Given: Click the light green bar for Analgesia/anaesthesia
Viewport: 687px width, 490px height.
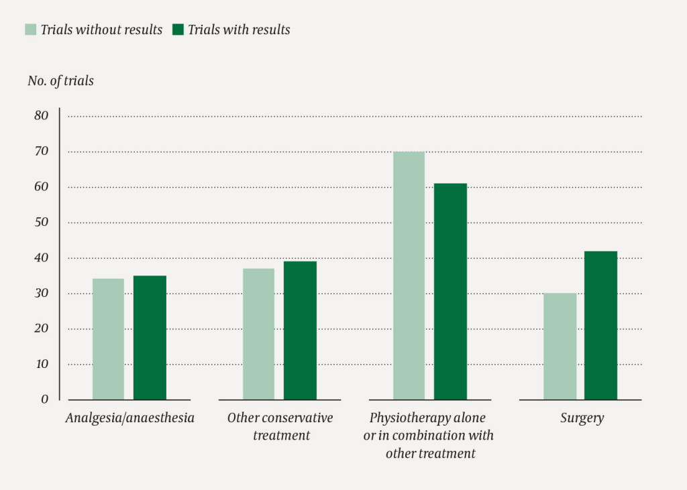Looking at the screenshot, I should point(108,339).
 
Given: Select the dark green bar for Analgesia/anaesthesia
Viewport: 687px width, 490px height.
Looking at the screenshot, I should point(150,338).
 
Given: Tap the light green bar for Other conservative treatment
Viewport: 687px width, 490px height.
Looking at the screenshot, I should point(258,334).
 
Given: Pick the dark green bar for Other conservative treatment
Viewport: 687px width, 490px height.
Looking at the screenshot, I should point(300,330).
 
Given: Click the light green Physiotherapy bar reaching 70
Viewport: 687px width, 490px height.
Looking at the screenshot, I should point(409,275).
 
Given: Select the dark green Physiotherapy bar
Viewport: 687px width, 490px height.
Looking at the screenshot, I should point(450,292).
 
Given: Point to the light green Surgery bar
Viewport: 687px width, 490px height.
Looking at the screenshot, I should point(560,347).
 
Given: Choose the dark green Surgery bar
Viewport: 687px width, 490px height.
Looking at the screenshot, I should point(600,325).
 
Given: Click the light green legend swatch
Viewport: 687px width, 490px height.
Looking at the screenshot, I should point(31,29).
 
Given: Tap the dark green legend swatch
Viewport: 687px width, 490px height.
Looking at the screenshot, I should point(178,29).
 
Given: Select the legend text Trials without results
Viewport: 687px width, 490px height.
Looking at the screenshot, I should point(101,29).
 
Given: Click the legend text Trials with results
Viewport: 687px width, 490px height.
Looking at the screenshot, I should point(239,29).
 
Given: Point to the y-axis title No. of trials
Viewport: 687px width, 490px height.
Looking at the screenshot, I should point(60,81).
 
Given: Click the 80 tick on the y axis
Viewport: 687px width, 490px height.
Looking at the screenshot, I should point(42,116).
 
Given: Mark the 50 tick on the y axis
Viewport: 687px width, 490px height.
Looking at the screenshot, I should point(42,223).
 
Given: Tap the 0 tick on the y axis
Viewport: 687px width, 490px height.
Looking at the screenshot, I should point(45,400).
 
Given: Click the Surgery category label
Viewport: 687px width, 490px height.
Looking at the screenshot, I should point(582,418).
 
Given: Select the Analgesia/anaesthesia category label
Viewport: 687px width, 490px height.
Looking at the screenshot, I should point(130,418).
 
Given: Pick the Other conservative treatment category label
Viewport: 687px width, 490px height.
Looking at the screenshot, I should point(280,426).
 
